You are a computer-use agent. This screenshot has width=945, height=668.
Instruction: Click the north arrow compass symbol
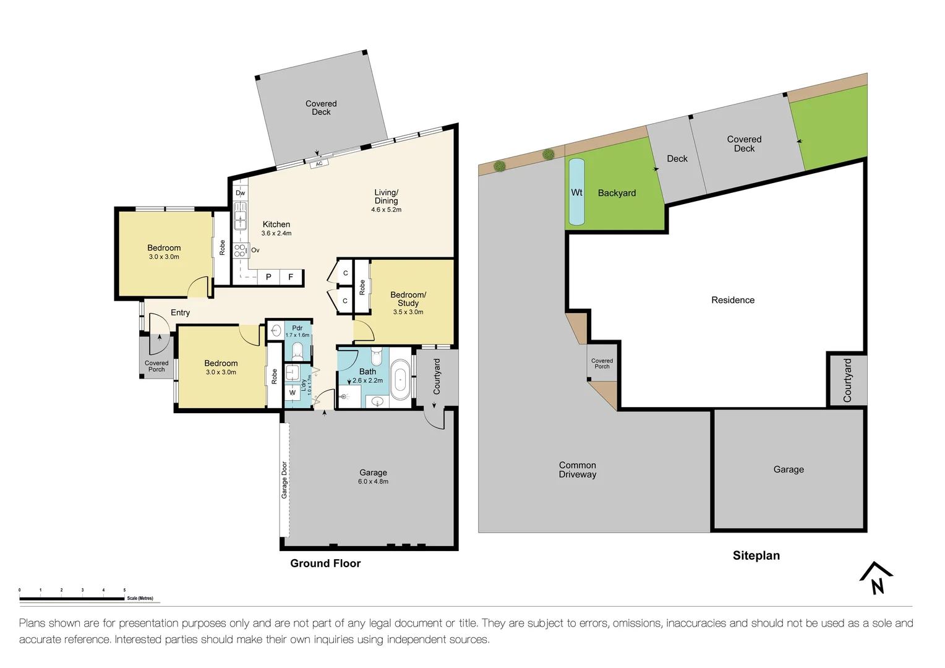[876, 578]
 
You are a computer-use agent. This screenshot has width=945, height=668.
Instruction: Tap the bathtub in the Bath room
[400, 380]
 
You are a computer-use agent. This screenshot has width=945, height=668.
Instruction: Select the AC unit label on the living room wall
[319, 164]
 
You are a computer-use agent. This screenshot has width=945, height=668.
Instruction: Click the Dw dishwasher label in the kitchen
[240, 193]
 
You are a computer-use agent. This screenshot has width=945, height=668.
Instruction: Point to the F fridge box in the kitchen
[291, 277]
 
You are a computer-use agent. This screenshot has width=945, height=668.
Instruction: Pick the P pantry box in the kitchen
[269, 277]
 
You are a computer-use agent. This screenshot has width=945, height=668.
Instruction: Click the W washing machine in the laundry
[292, 393]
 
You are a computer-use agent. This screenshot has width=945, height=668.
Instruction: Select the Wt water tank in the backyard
[576, 192]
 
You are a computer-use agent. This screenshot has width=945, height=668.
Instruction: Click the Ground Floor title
[325, 563]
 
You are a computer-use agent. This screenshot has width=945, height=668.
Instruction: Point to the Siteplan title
[756, 555]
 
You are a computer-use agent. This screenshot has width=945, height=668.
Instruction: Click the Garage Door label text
[284, 480]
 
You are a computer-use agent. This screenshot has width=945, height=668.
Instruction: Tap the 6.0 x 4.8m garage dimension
[373, 481]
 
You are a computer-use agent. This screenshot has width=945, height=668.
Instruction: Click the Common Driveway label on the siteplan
[578, 469]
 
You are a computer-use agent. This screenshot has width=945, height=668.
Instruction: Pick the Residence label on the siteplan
[733, 300]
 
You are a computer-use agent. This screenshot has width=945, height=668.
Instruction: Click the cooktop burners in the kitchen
[240, 250]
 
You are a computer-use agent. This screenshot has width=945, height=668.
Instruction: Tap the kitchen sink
[240, 216]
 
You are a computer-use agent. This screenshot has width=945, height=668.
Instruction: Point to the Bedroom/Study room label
[408, 299]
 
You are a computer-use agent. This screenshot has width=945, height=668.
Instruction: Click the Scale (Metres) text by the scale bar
[140, 598]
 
